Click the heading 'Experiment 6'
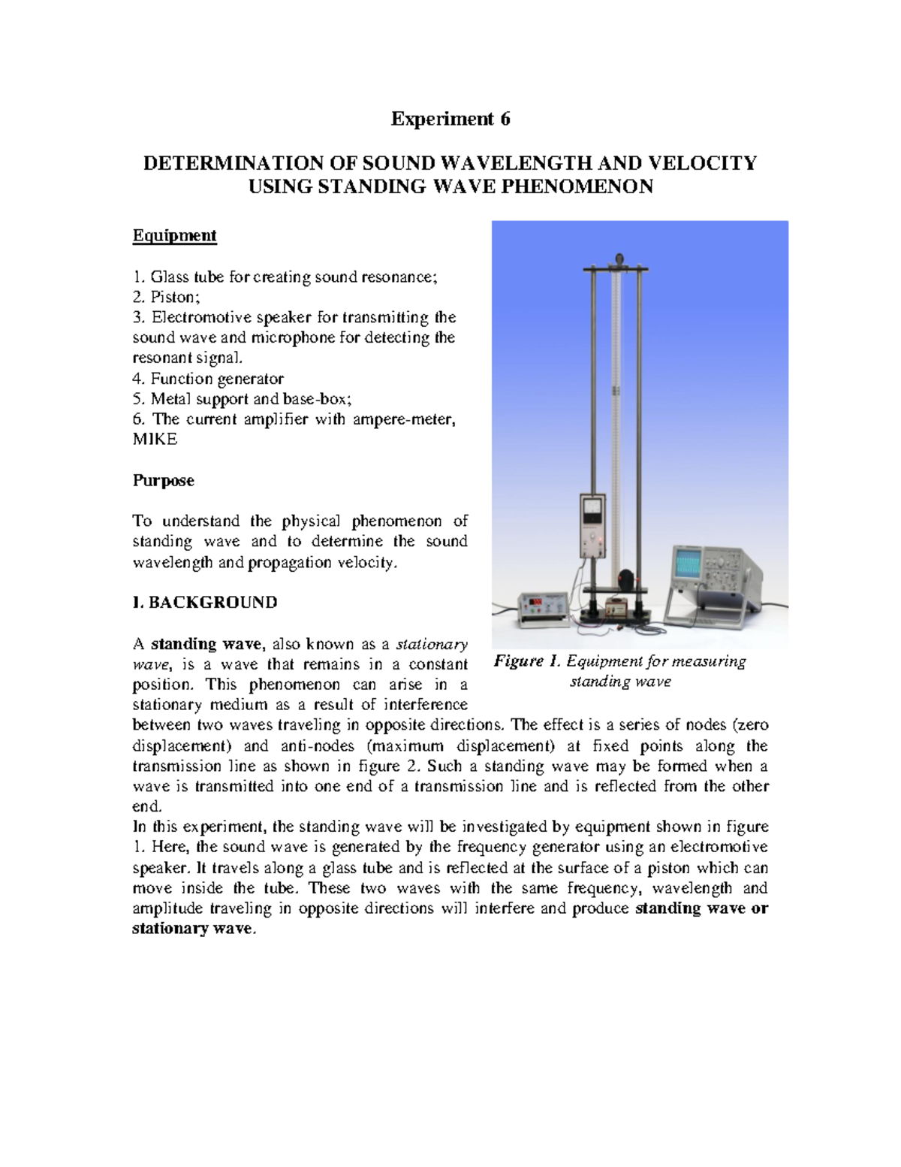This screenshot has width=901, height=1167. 450,119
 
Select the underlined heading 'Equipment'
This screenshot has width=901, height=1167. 174,235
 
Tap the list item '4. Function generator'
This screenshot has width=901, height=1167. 208,379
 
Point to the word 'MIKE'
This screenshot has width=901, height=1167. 155,440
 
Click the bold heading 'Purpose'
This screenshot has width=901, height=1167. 163,480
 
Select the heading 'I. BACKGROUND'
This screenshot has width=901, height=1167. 204,603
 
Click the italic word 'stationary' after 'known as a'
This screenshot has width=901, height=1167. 432,644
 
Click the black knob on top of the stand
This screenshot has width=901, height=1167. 619,258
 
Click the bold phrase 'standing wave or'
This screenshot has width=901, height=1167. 702,909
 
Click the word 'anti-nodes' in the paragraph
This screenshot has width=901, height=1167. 317,746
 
